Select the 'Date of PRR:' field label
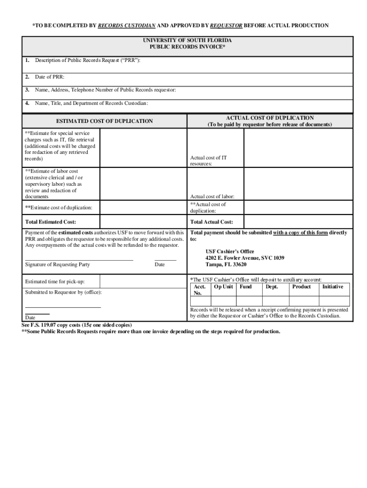pyautogui.click(x=49, y=77)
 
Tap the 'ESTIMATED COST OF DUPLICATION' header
pyautogui.click(x=104, y=121)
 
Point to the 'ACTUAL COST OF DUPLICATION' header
pyautogui.click(x=270, y=118)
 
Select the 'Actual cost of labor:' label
pyautogui.click(x=212, y=196)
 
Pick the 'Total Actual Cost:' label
pyautogui.click(x=212, y=222)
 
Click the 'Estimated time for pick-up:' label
pyautogui.click(x=55, y=282)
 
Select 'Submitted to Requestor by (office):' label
pyautogui.click(x=63, y=292)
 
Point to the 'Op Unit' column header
pyautogui.click(x=224, y=287)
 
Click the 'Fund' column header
pyautogui.click(x=245, y=287)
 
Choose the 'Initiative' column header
pyautogui.click(x=332, y=287)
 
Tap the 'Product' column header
pyautogui.click(x=301, y=287)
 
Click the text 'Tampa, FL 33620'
pyautogui.click(x=226, y=264)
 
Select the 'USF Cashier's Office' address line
pyautogui.click(x=230, y=251)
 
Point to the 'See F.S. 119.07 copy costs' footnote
pyautogui.click(x=77, y=325)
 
